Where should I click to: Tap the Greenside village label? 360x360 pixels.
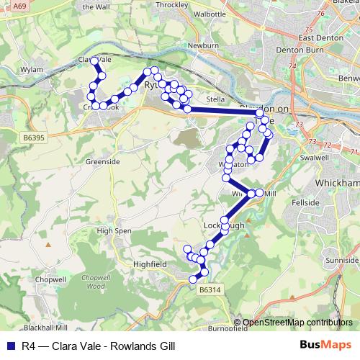pyautogui.click(x=102, y=162)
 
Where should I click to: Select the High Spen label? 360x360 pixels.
pyautogui.click(x=113, y=231)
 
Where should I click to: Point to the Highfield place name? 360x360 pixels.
pyautogui.click(x=150, y=264)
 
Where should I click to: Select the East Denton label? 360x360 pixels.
pyautogui.click(x=316, y=37)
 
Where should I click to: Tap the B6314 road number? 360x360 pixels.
pyautogui.click(x=208, y=289)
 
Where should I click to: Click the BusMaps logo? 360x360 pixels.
pyautogui.click(x=329, y=345)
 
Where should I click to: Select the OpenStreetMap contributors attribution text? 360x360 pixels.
pyautogui.click(x=297, y=323)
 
